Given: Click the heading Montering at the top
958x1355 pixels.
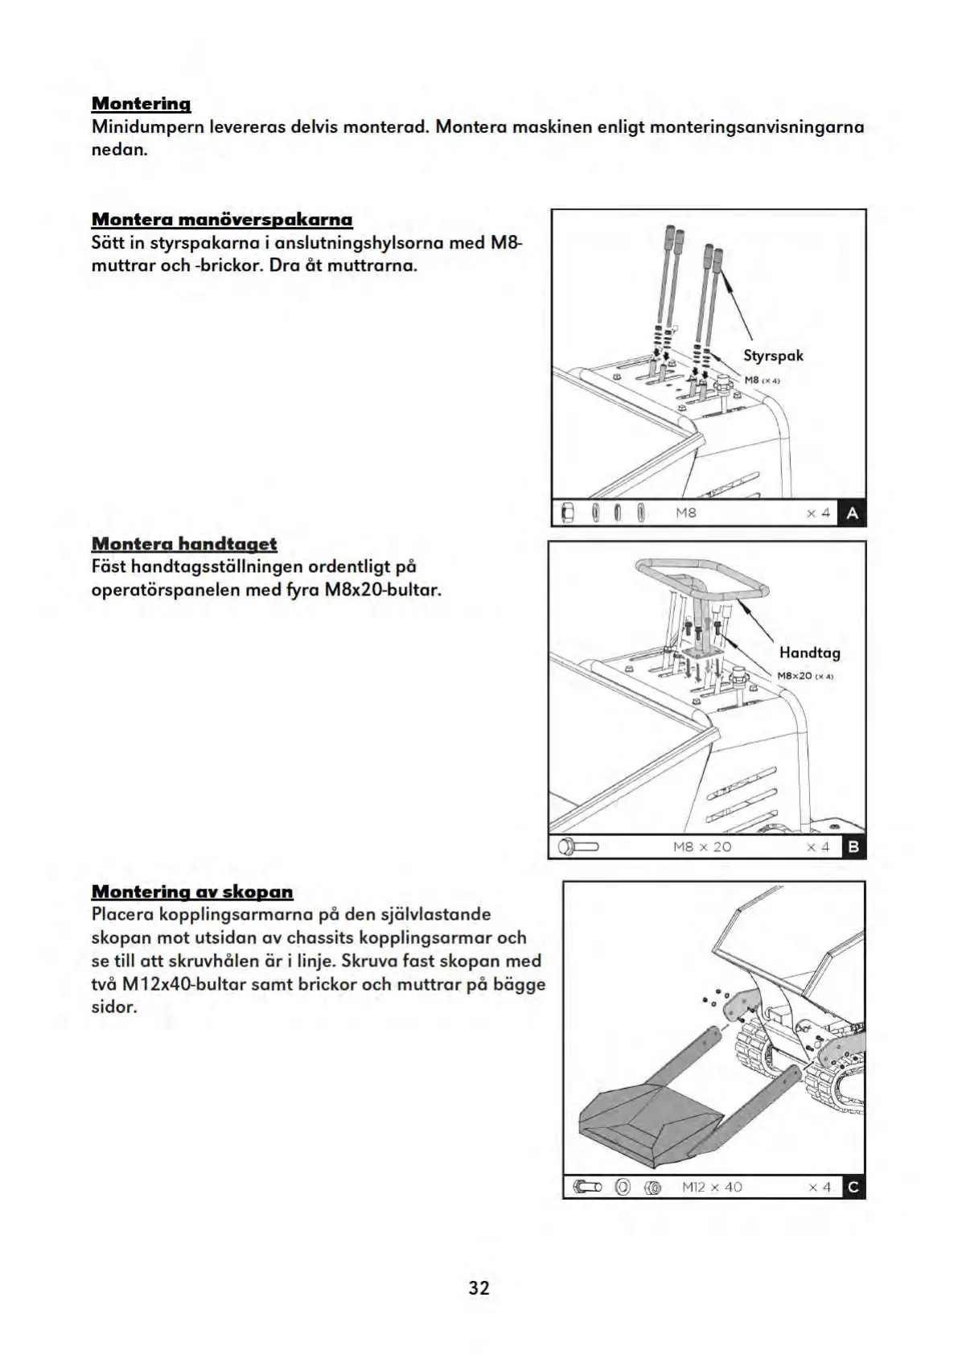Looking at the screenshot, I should coord(141,104).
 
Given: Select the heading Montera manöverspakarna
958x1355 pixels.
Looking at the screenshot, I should coord(222,220).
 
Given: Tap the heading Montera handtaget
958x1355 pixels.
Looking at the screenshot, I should coord(184,544).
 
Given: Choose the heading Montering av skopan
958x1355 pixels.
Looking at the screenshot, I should coord(192,892).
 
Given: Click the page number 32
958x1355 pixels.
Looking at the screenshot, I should coord(479,1287).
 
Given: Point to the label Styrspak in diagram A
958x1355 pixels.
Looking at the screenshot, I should coord(773,356).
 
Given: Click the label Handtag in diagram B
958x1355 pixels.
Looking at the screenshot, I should coord(809,653).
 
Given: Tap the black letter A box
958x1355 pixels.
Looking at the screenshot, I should coord(852,513).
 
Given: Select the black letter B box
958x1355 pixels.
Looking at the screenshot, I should coord(853,846).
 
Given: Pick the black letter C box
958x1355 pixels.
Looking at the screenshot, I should coord(853,1187).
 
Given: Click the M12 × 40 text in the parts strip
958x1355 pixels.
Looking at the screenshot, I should coord(712,1187).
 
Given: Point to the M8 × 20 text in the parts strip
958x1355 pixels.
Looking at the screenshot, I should coord(701,846).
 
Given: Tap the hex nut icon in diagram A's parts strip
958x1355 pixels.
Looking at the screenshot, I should coord(566,513).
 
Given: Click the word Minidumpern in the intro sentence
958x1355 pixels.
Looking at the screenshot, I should coord(147,127).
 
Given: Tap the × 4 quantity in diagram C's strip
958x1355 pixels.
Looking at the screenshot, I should coord(820,1187).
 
